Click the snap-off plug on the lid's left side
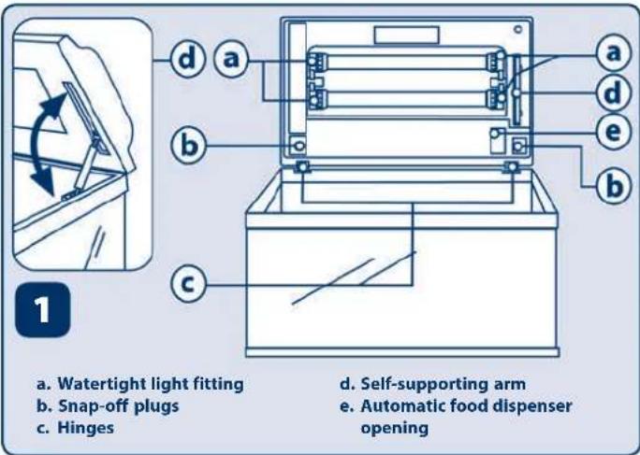click(298, 146)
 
